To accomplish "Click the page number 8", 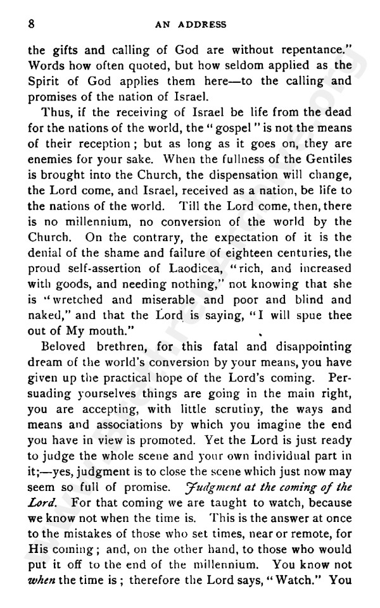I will tap(30, 24).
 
